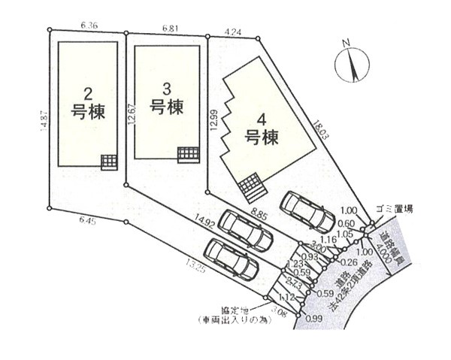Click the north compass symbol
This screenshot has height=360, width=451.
pyautogui.click(x=353, y=64)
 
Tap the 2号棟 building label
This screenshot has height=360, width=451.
pyautogui.click(x=88, y=104)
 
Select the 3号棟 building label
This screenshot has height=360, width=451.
pyautogui.click(x=166, y=99)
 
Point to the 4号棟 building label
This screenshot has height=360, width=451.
pyautogui.click(x=262, y=129)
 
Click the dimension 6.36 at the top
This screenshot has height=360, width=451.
pyautogui.click(x=87, y=25)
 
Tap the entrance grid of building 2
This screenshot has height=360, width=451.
pyautogui.click(x=110, y=162)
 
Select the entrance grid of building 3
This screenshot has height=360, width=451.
pyautogui.click(x=186, y=155)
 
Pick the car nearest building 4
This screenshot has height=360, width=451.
pyautogui.click(x=307, y=211)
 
